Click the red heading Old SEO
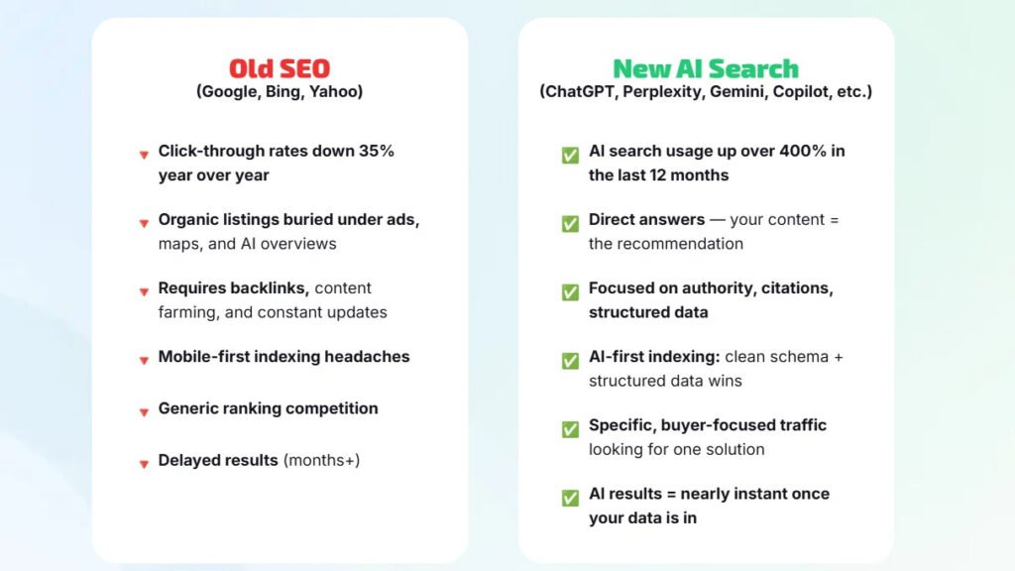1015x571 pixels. pyautogui.click(x=280, y=68)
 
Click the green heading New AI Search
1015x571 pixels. pyautogui.click(x=705, y=68)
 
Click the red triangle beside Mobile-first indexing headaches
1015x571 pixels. pyautogui.click(x=144, y=360)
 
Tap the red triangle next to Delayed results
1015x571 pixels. pyautogui.click(x=144, y=463)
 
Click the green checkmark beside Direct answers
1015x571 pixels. pyautogui.click(x=570, y=224)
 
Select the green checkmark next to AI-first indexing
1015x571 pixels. pyautogui.click(x=570, y=361)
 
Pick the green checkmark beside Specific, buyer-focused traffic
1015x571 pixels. pyautogui.click(x=570, y=429)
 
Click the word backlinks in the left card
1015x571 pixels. pyautogui.click(x=272, y=288)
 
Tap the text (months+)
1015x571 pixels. pyautogui.click(x=321, y=460)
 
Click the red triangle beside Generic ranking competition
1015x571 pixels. pyautogui.click(x=144, y=411)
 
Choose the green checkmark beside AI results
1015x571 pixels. pyautogui.click(x=570, y=498)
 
